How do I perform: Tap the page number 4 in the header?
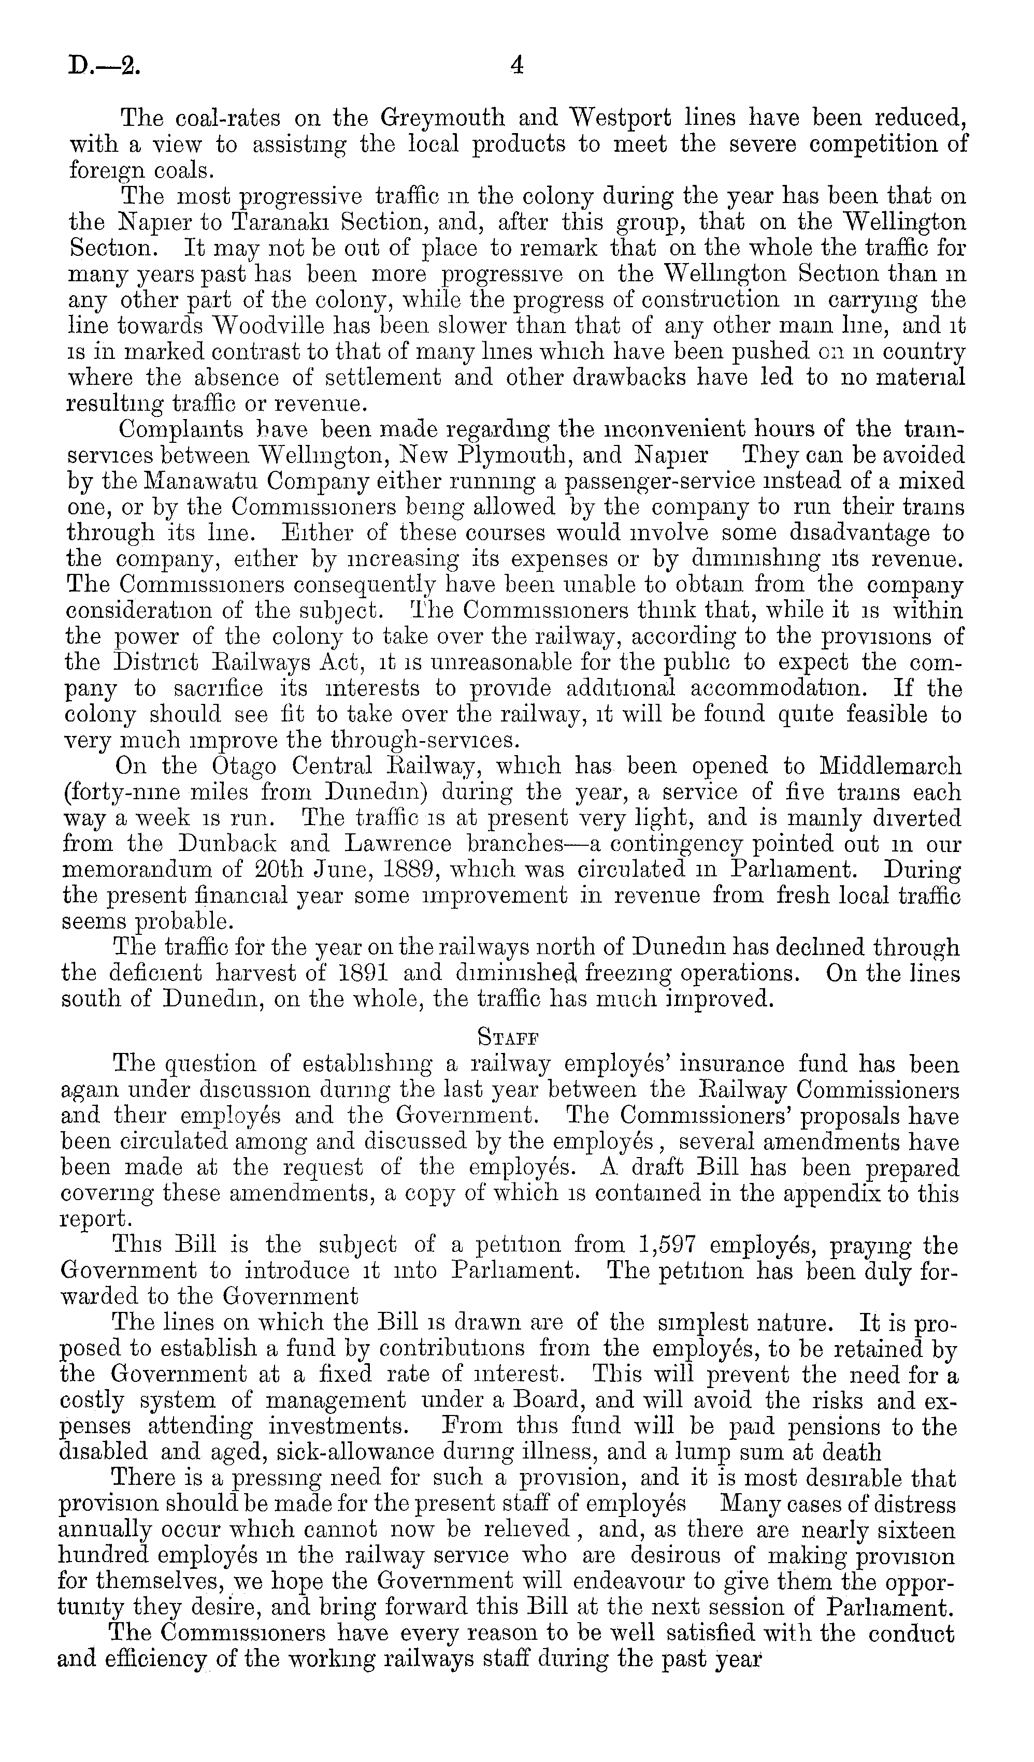click(x=516, y=66)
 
